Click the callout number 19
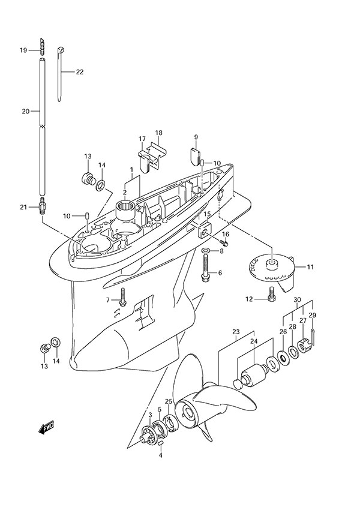(x=23, y=50)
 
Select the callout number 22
(x=79, y=72)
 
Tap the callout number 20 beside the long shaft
(x=25, y=112)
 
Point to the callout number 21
(x=23, y=207)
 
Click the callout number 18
(x=158, y=133)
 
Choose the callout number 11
(x=310, y=266)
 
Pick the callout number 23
(x=236, y=332)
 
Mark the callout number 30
(x=297, y=300)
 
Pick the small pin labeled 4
(x=161, y=443)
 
